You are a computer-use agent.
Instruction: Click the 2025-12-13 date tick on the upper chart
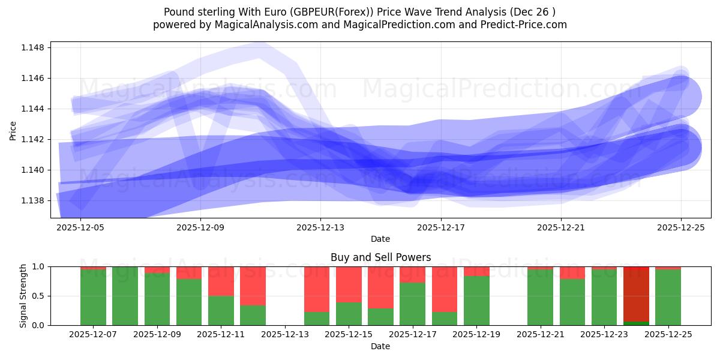click(x=320, y=227)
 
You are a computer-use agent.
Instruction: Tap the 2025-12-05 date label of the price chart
click(x=80, y=227)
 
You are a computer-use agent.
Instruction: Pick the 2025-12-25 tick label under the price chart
click(x=680, y=227)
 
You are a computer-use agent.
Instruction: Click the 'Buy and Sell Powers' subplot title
click(x=380, y=257)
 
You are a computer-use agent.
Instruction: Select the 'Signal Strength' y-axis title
click(x=23, y=296)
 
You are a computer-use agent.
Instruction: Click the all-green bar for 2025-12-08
click(x=125, y=296)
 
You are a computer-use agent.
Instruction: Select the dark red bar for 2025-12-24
click(x=636, y=293)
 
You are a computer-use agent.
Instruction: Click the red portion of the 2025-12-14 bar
click(x=317, y=289)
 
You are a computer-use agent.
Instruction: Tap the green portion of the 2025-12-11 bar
click(x=221, y=310)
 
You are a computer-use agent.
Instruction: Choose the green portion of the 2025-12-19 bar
click(x=476, y=301)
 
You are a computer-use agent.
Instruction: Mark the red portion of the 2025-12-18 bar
click(x=445, y=289)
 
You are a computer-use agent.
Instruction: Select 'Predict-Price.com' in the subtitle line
click(x=526, y=25)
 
